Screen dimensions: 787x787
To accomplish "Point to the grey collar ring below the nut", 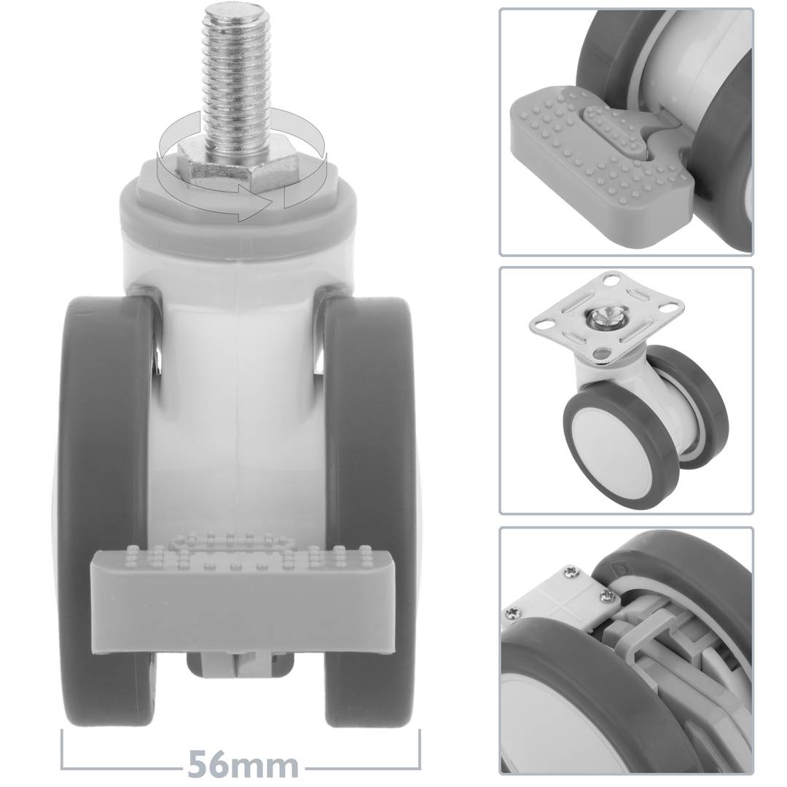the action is coord(238,211).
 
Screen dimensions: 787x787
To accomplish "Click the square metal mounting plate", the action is coord(608,316).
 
